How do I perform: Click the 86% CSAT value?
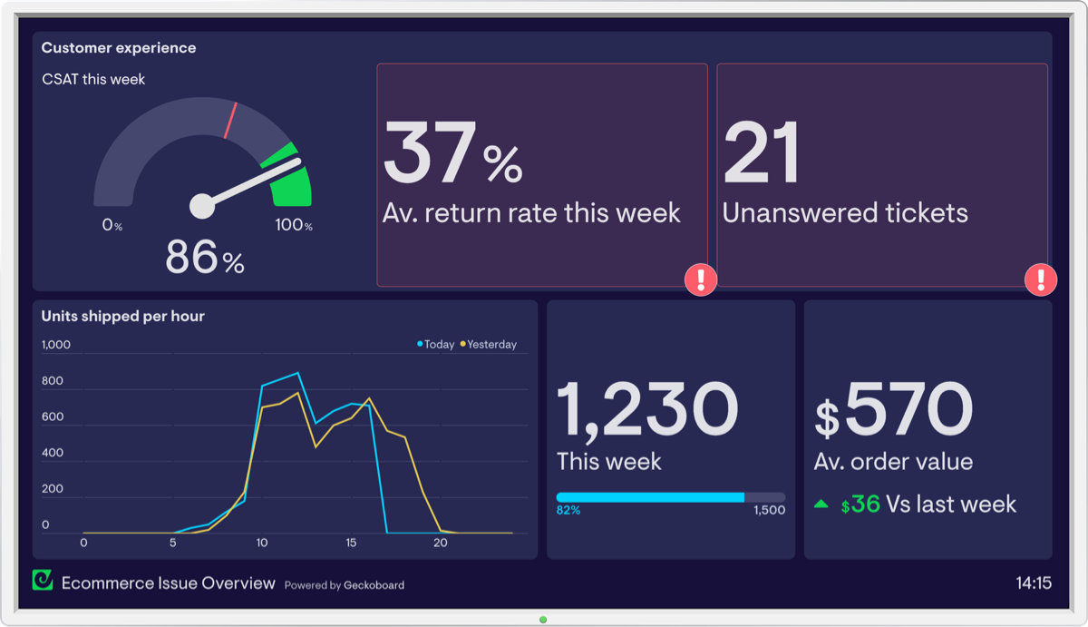click(x=205, y=258)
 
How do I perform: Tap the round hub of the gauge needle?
click(x=201, y=206)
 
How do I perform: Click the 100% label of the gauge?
click(x=294, y=225)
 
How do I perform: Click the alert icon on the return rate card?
click(x=701, y=279)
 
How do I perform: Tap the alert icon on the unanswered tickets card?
click(x=1041, y=279)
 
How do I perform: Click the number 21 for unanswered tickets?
click(x=762, y=154)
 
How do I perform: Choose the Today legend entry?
click(x=436, y=345)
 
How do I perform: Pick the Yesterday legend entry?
click(x=489, y=345)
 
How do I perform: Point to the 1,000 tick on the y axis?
click(x=56, y=345)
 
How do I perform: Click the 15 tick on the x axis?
click(x=351, y=543)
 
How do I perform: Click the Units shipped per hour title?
click(x=122, y=316)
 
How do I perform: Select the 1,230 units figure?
click(x=647, y=409)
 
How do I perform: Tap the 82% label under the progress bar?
click(x=568, y=511)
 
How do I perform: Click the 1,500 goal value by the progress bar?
click(x=769, y=511)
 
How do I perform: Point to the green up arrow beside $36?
click(x=821, y=504)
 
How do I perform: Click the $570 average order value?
click(x=894, y=409)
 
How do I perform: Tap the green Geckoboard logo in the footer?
click(x=43, y=581)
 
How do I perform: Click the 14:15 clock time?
click(x=1034, y=583)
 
